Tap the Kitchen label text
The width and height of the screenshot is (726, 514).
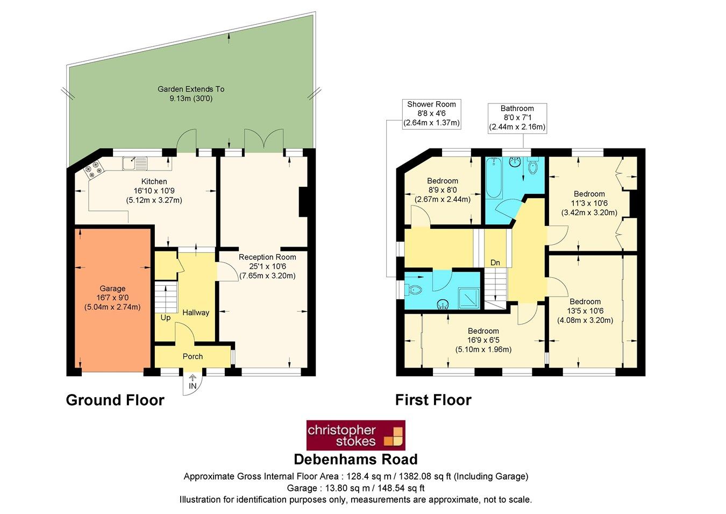154,182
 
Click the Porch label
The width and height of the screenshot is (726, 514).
193,356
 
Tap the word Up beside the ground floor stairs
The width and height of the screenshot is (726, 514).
166,318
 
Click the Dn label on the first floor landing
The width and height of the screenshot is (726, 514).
495,263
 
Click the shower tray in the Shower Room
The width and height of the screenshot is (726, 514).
468,298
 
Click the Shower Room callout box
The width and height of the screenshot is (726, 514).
431,114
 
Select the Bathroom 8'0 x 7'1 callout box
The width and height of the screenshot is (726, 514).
517,118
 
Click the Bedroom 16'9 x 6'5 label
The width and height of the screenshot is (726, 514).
483,340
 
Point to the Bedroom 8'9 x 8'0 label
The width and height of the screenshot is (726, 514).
443,190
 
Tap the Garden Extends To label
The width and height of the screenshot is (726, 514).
191,94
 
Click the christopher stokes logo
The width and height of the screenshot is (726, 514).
355,435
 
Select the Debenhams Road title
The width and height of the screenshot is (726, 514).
355,460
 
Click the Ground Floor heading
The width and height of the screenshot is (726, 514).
115,400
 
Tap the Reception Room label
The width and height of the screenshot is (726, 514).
267,266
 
